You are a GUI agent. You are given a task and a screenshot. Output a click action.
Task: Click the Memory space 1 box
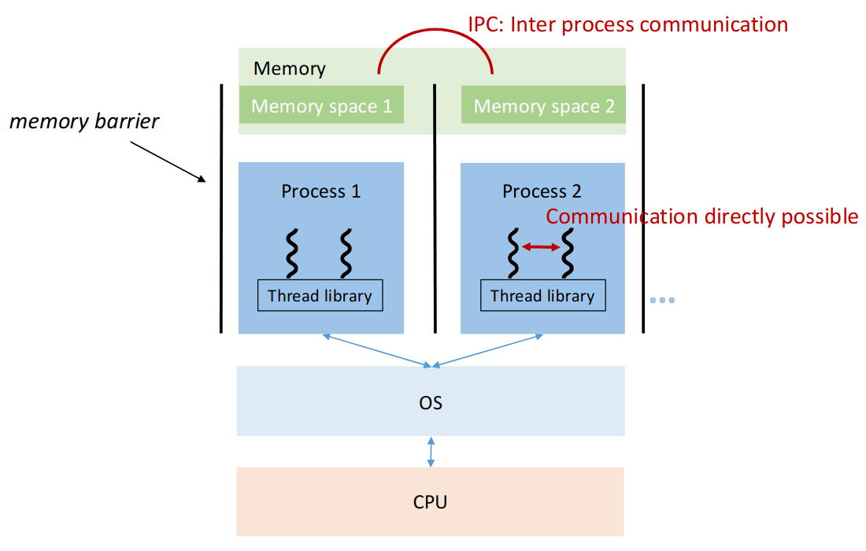click(321, 105)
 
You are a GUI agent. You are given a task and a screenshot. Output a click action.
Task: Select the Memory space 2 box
click(543, 105)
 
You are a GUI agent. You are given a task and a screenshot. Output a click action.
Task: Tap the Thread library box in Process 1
click(320, 296)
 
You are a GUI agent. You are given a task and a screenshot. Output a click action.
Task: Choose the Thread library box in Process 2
click(542, 296)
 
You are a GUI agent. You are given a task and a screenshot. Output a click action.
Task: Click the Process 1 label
click(320, 191)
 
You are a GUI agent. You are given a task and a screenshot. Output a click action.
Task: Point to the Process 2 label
click(542, 191)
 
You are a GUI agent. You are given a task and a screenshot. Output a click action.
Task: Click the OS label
click(431, 403)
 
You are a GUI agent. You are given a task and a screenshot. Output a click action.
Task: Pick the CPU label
click(431, 501)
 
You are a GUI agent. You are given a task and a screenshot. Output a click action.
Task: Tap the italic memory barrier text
click(84, 122)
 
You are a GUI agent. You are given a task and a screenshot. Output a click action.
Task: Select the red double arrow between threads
click(541, 247)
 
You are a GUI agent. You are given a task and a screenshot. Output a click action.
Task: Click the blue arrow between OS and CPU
click(431, 452)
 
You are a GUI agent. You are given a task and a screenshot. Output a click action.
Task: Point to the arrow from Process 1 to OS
click(376, 350)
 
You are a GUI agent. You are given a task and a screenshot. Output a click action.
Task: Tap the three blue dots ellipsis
click(663, 300)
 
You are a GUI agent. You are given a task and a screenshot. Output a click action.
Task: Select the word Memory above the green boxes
click(289, 68)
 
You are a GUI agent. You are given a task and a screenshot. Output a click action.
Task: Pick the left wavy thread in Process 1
click(291, 251)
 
